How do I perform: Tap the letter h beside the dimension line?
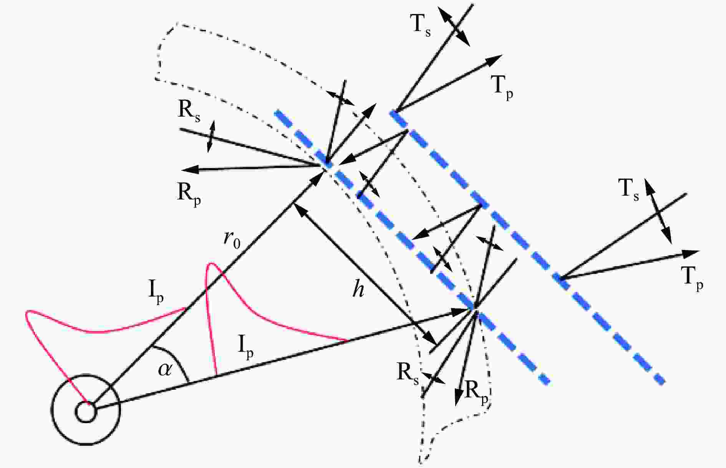click(358, 290)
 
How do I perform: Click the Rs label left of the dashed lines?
click(189, 112)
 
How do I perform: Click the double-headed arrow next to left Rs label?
click(211, 136)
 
